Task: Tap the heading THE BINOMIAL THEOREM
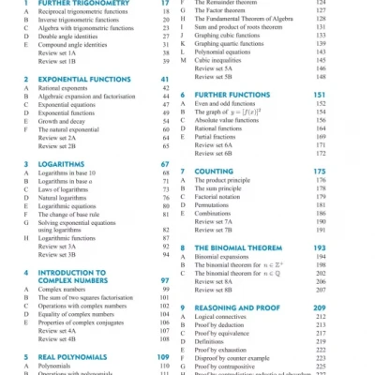tap(245, 247)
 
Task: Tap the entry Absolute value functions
tap(234, 121)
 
